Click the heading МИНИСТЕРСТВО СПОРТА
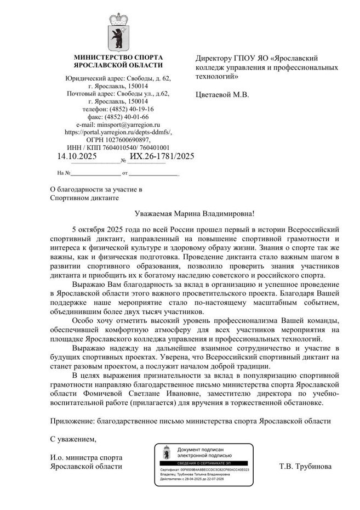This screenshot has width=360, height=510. pos(118,57)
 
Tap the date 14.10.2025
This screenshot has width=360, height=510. pos(77,157)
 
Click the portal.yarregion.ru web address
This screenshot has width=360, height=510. pos(118,132)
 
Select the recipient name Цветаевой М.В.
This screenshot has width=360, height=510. pos(222,94)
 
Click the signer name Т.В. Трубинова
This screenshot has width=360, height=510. pos(305,467)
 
